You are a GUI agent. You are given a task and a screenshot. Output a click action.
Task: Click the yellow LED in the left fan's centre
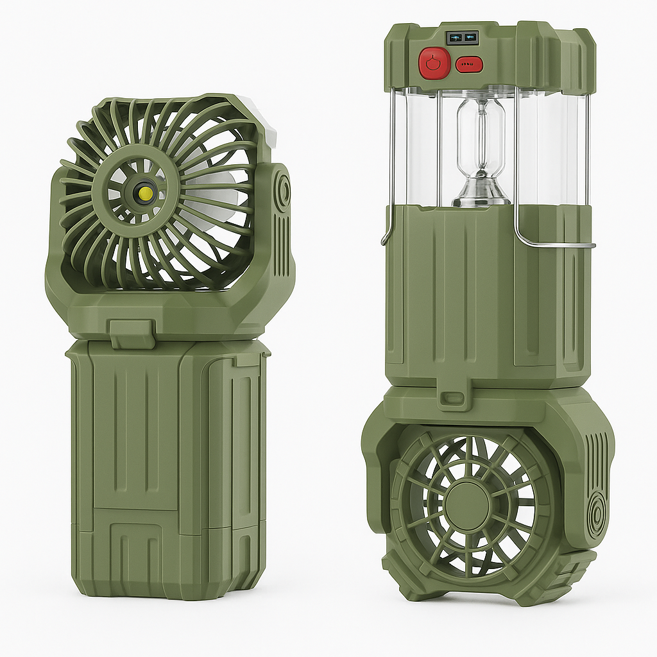pos(146,192)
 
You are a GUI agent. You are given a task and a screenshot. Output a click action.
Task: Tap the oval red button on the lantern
pos(469,64)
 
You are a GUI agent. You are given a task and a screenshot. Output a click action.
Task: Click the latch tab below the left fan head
pos(133,333)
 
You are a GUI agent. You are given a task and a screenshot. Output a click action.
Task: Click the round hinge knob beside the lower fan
pos(597,513)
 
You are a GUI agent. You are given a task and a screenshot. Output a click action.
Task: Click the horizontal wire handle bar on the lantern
pos(555,245)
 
